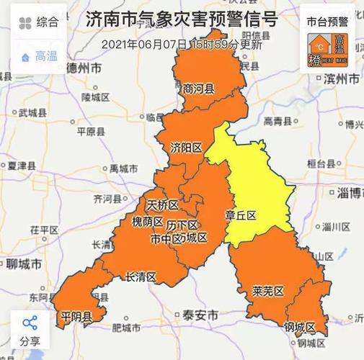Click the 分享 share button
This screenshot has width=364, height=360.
point(30,330)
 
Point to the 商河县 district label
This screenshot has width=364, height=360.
point(199,89)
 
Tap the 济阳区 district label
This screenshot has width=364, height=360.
point(186,148)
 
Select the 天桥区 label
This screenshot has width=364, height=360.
point(162,204)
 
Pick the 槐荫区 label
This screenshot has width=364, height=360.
point(148,221)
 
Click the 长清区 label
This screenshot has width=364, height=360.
point(141,276)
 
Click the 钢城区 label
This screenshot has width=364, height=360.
point(300,328)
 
